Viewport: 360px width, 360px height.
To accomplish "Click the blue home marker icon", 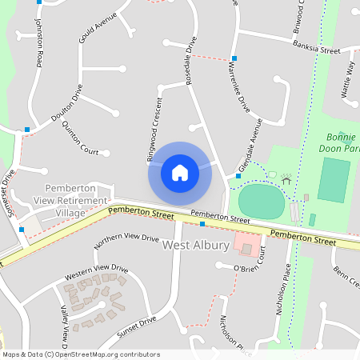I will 180,173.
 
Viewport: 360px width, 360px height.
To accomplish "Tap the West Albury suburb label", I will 196,246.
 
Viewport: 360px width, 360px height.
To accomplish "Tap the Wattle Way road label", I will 348,78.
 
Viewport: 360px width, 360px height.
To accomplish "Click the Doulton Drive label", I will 67,103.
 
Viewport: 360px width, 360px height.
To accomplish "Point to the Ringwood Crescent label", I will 154,131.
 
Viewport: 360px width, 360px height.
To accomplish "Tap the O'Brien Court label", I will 249,270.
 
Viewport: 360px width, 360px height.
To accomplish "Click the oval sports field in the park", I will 261,201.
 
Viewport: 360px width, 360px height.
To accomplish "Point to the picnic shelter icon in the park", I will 286,178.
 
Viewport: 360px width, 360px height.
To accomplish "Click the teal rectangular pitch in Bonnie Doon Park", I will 334,180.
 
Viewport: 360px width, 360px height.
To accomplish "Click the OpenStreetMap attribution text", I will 81,354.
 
